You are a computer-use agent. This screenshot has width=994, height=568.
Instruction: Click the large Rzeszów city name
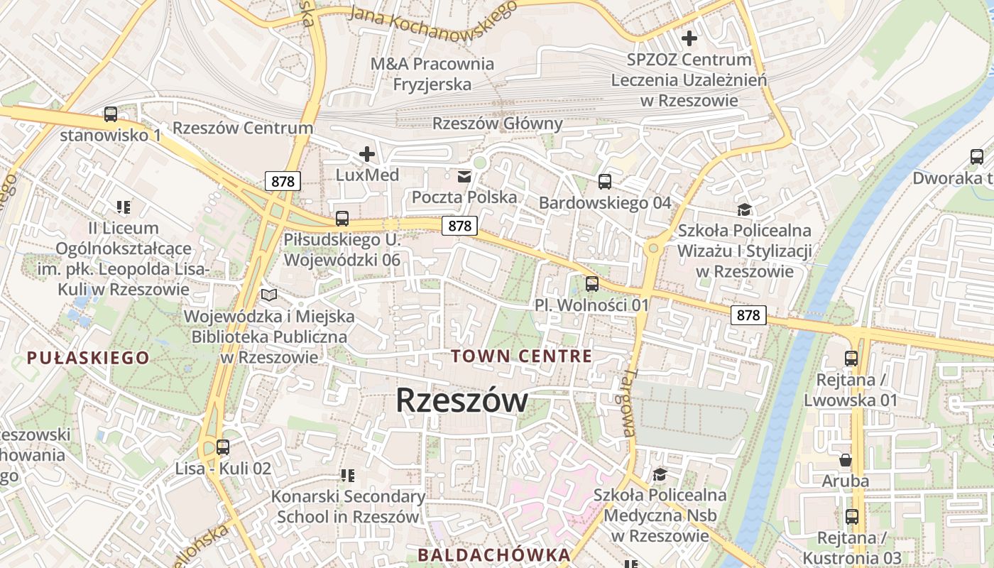461,400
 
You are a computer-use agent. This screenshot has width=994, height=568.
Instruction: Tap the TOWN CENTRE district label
522,356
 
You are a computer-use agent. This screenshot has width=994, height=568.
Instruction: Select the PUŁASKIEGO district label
89,358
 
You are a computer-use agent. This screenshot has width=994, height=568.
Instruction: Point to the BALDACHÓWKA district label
493,555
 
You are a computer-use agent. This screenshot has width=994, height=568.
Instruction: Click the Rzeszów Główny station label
498,124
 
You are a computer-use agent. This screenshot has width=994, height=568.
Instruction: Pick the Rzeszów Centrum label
243,128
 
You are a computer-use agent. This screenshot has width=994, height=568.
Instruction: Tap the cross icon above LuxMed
367,153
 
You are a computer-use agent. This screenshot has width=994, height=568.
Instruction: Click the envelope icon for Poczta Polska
464,175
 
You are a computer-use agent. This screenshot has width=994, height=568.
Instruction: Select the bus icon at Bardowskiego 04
604,182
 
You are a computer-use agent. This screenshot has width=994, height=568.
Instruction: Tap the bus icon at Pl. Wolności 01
592,284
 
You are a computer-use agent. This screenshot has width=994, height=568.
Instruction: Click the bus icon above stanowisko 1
110,114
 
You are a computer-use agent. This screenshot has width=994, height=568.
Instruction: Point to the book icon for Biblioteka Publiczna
269,295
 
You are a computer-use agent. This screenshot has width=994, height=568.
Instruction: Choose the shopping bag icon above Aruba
846,460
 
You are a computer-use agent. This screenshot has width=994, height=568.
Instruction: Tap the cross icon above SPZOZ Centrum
689,38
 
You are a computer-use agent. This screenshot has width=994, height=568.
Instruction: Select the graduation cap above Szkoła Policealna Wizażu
744,209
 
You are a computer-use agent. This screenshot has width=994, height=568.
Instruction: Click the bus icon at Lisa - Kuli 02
223,447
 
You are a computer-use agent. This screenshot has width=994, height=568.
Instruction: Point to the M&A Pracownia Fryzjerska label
432,74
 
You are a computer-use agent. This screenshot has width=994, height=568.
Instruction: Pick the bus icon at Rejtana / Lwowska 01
851,359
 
